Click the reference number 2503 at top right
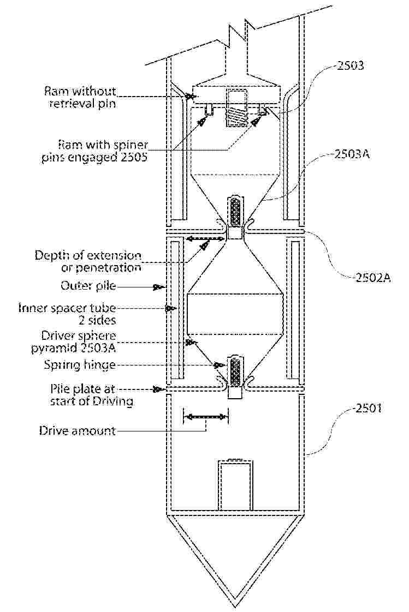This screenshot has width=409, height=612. (x=351, y=65)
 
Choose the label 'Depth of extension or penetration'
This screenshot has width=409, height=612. (x=88, y=261)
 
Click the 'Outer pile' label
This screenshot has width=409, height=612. (x=88, y=286)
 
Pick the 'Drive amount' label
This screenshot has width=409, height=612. (x=78, y=430)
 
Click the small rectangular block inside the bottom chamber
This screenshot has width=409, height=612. (x=235, y=485)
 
